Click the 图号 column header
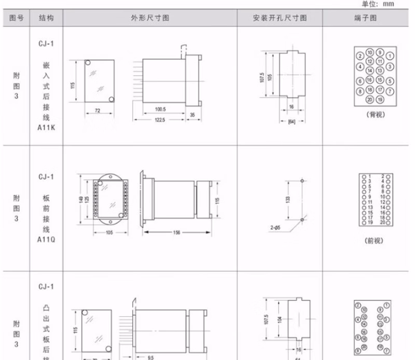tap(17, 18)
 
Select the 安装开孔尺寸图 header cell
tap(280, 18)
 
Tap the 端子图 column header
tap(369, 18)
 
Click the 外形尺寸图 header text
tap(150, 18)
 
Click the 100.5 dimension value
tap(160, 109)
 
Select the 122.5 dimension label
tap(159, 120)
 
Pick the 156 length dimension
tap(176, 233)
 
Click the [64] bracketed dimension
tap(291, 122)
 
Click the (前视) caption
tap(374, 240)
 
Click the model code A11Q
tap(46, 240)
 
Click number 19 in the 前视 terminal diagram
tap(370, 222)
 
